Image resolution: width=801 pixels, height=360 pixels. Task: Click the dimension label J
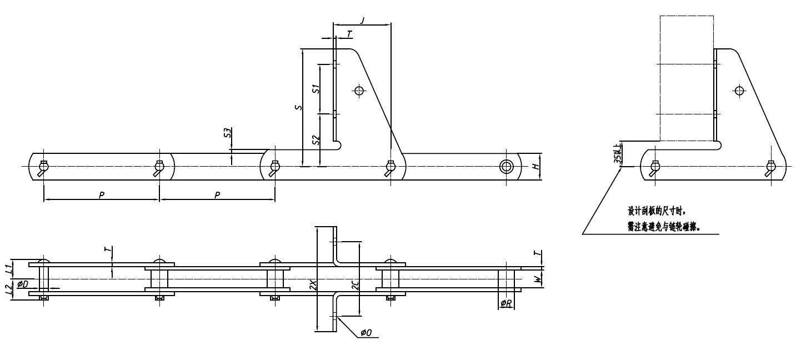click(x=362, y=21)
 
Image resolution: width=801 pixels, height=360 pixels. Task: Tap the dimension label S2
click(x=315, y=141)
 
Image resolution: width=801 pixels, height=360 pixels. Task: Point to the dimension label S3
click(x=227, y=133)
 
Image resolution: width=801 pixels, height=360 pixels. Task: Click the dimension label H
click(x=535, y=167)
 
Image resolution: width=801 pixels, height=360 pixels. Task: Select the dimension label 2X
click(x=313, y=285)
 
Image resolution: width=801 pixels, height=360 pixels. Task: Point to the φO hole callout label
click(x=366, y=332)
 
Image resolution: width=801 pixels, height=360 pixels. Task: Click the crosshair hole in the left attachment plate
click(x=359, y=90)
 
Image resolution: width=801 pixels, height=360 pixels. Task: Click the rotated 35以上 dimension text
click(x=616, y=155)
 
